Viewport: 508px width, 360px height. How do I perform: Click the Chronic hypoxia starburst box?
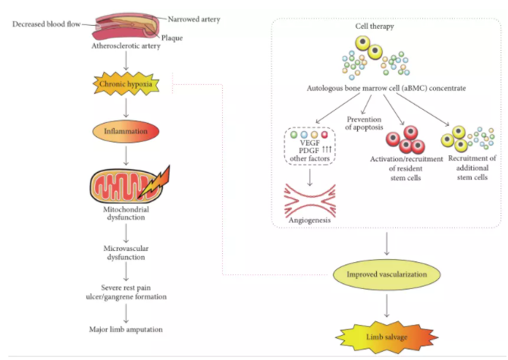(127, 83)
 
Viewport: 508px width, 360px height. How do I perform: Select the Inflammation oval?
(127, 131)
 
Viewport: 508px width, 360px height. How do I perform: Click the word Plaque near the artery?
(174, 38)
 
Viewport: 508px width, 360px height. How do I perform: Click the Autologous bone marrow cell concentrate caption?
(387, 88)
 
